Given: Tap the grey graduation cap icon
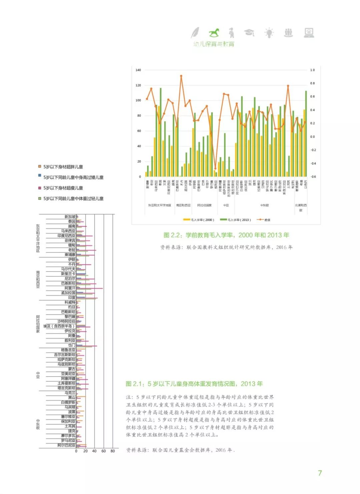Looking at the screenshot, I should pos(249,32).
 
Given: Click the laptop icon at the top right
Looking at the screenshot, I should pos(309,32).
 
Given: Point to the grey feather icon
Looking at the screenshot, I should pos(195,33).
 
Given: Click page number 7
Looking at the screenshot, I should pos(320,473).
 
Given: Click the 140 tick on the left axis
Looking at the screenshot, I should pos(138,70).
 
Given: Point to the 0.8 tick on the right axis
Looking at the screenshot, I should pos(312,83).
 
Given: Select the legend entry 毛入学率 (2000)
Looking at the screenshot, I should pos(199,220).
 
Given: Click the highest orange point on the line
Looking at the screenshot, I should pos(181,76).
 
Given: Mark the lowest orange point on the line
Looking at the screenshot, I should pos(215,169).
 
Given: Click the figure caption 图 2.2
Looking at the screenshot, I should pos(226,235).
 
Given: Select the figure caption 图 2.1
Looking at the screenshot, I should pos(194,384).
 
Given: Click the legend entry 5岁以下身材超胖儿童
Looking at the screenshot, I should pos(63,167).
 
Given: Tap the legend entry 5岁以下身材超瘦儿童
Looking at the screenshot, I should pos(63,188).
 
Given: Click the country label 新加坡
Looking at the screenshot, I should pos(70,217).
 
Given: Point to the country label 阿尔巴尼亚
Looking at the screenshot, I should pos(66,445).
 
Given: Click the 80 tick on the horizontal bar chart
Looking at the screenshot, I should pos(113,451).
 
